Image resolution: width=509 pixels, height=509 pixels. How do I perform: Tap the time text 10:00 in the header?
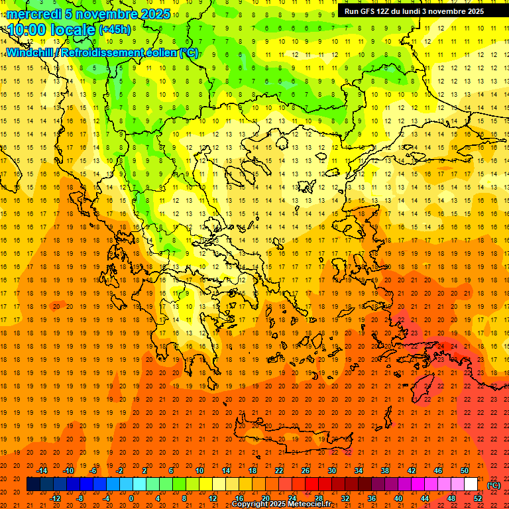coord(29,30)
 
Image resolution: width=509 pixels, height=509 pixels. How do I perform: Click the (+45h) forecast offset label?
coord(114,30)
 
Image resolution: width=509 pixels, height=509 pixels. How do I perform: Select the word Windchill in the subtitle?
coord(34,53)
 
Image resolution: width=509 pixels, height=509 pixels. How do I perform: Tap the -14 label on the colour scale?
coord(41,471)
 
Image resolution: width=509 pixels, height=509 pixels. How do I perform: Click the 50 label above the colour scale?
coord(465,471)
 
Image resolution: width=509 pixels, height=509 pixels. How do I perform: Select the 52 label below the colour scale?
coord(478,498)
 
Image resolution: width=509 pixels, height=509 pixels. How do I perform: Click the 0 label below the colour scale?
coord(132,498)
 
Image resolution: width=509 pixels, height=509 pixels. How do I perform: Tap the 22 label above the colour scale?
coord(279,471)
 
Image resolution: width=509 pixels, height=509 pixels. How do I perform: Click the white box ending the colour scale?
coord(471,484)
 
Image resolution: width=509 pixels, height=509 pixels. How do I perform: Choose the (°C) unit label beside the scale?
coord(494,484)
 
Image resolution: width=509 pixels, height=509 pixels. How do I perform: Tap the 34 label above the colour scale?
coord(359,471)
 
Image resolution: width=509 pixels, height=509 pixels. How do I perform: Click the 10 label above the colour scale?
coord(199,471)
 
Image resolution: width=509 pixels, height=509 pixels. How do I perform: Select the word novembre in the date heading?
coord(103,14)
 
